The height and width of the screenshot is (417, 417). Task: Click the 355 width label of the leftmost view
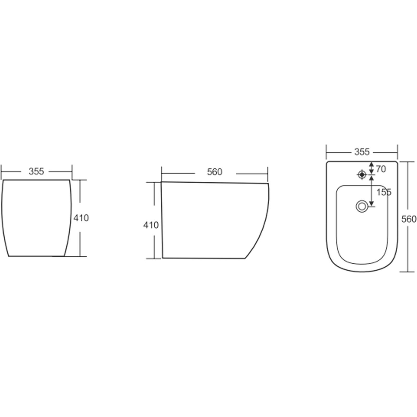click(x=36, y=171)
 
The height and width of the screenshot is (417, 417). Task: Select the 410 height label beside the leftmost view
click(x=81, y=218)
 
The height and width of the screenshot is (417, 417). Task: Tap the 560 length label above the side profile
click(x=214, y=172)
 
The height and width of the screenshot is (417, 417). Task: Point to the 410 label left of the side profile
click(x=151, y=225)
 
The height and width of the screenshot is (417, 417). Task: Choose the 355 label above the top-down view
click(x=362, y=152)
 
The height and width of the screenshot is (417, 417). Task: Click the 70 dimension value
click(x=381, y=169)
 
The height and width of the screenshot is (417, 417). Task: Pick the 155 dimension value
click(x=384, y=192)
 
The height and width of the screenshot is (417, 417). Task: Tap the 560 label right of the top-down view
click(x=409, y=219)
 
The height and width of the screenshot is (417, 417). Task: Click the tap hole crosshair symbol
click(x=362, y=175)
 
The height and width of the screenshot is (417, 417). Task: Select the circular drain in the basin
click(x=362, y=207)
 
